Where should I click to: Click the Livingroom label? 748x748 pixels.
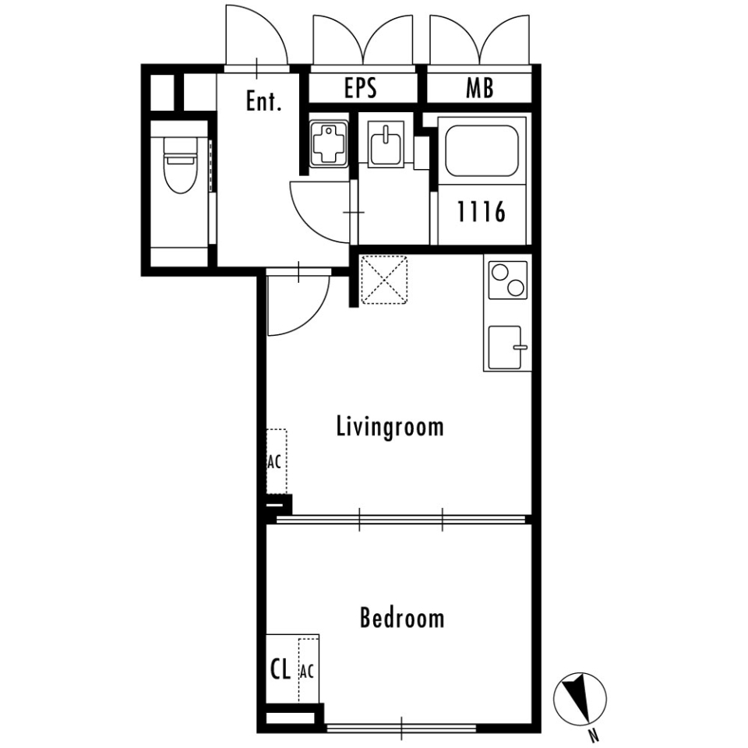click(390, 426)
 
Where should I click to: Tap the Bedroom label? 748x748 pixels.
click(402, 619)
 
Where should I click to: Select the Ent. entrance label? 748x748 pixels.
click(263, 101)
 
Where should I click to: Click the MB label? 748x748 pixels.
click(480, 88)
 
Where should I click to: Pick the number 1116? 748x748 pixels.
click(482, 212)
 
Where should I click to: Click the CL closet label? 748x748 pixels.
click(280, 669)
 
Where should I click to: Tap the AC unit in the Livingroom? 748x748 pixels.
click(275, 461)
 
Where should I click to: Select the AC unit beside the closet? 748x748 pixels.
click(308, 670)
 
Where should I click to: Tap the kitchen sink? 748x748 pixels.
click(507, 348)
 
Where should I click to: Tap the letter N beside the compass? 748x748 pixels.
click(594, 733)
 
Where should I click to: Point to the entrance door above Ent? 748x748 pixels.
click(257, 37)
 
